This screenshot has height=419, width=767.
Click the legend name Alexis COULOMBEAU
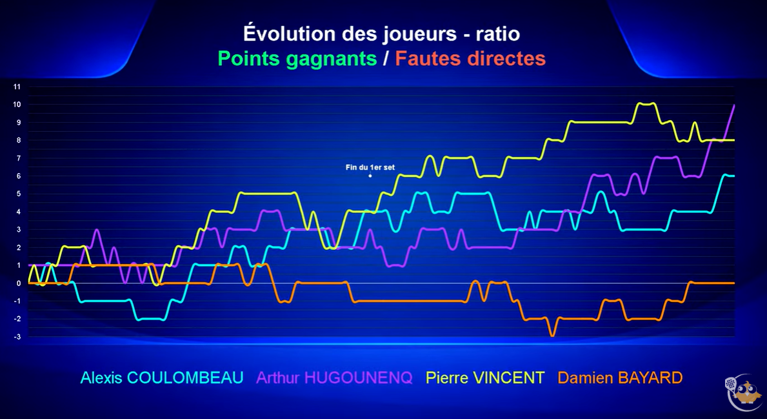click(x=162, y=378)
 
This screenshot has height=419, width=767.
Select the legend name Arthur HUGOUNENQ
click(x=335, y=378)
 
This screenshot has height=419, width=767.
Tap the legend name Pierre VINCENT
click(x=485, y=378)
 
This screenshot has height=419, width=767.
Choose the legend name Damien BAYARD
click(x=621, y=378)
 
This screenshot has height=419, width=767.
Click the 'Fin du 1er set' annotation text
click(x=370, y=167)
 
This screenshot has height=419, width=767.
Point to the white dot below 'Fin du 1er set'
click(x=370, y=176)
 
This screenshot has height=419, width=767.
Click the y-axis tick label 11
click(x=17, y=87)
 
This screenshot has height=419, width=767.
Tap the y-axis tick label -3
click(x=17, y=337)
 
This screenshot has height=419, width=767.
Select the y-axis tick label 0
click(x=19, y=283)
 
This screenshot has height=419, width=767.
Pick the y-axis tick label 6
click(x=19, y=176)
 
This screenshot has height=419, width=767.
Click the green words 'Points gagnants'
click(x=297, y=59)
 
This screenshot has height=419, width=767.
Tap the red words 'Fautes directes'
click(x=470, y=59)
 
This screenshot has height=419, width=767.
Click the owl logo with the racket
click(x=744, y=392)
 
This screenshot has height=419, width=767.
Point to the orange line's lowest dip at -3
click(x=553, y=335)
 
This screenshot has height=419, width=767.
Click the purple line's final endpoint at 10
click(x=734, y=105)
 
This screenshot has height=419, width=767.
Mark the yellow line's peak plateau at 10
click(x=646, y=104)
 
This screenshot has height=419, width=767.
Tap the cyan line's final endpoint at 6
click(x=733, y=176)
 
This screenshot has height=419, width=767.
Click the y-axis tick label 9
click(x=19, y=123)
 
